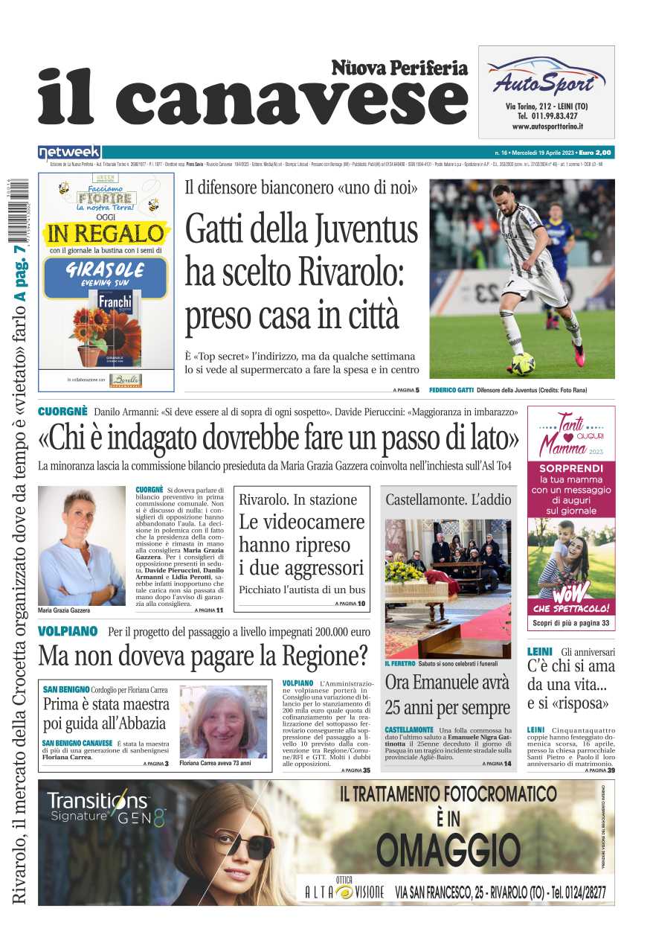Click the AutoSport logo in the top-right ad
click(546, 77)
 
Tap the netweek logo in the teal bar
click(69, 153)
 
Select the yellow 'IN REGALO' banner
click(105, 233)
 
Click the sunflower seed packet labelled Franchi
click(115, 324)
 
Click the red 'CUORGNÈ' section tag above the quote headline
click(62, 412)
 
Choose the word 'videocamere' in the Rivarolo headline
click(302, 522)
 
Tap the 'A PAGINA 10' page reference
click(350, 604)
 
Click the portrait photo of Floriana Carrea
click(223, 720)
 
